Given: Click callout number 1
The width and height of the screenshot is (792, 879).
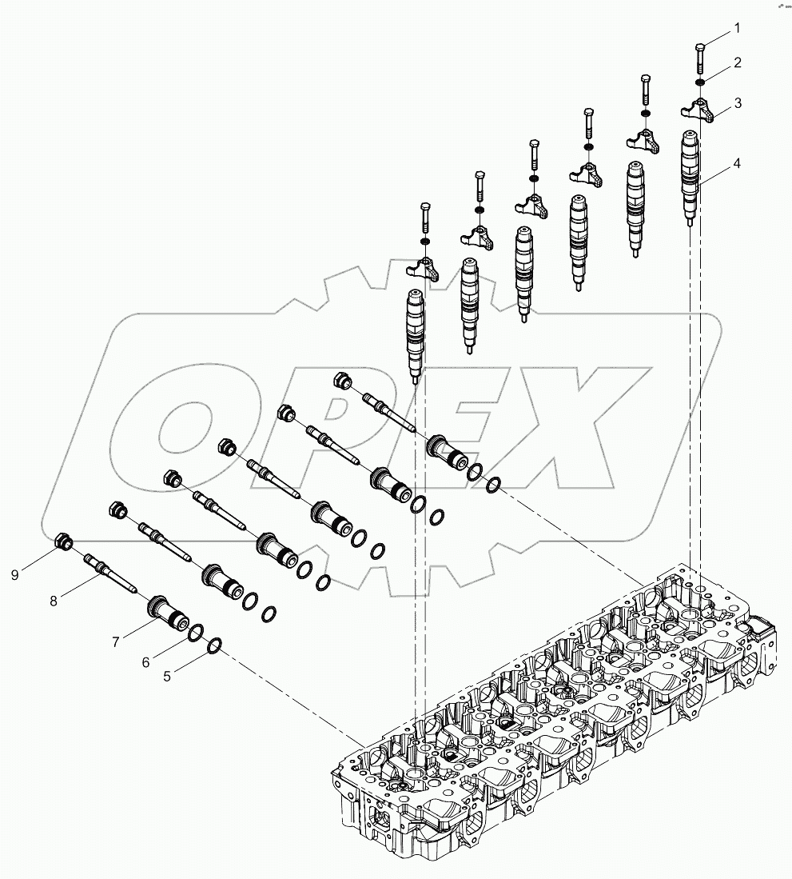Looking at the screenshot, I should (737, 28).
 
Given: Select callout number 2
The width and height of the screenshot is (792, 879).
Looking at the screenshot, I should (737, 62).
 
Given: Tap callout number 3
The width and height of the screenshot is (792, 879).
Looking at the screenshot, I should (737, 102).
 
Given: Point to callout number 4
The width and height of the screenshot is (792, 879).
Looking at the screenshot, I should (737, 163).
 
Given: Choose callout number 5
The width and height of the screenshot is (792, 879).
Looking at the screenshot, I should (167, 676).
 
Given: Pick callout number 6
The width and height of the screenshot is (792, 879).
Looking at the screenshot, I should (145, 662).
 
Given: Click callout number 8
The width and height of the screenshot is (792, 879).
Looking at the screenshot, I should (54, 601).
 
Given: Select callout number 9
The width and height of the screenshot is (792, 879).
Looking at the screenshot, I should (14, 573).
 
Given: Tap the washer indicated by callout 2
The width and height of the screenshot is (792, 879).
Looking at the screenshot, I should (699, 82).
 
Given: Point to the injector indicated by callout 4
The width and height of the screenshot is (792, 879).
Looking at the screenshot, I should (691, 176).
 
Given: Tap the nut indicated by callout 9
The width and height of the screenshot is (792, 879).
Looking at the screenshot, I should (64, 544).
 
